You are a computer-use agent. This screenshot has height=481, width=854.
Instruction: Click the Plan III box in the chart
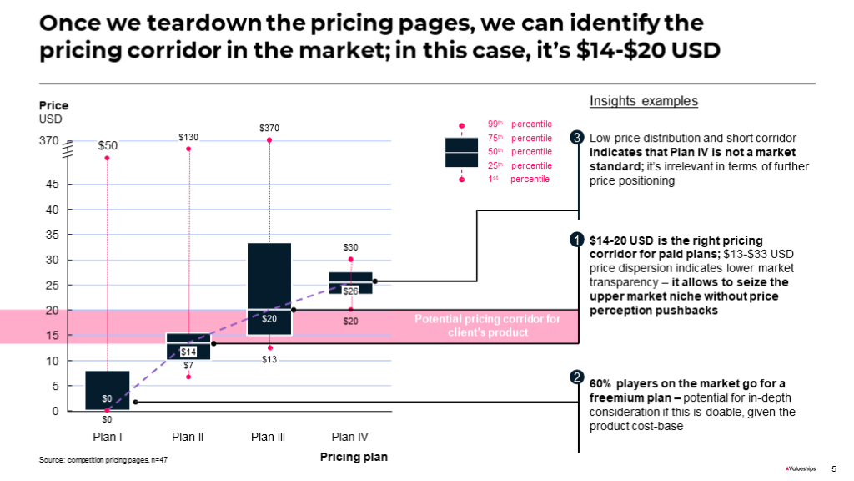click(x=269, y=288)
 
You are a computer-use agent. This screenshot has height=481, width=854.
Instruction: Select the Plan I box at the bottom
click(x=108, y=390)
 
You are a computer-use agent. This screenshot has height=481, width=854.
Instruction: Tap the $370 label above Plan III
click(x=269, y=128)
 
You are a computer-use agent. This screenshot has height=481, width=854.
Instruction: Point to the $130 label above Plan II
click(x=189, y=136)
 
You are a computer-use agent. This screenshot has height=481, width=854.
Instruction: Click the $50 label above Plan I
click(x=108, y=145)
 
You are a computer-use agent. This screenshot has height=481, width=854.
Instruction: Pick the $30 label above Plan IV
click(x=350, y=247)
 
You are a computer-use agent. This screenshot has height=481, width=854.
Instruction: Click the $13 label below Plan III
click(x=269, y=359)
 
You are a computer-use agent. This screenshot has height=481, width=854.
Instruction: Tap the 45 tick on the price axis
click(x=52, y=184)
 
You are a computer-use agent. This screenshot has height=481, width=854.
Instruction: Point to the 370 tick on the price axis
click(x=49, y=141)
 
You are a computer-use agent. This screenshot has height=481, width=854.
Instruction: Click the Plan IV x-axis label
click(x=349, y=437)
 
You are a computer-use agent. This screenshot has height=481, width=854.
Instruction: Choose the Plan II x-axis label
click(x=188, y=437)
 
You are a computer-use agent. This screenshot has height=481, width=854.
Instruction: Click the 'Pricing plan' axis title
click(x=354, y=458)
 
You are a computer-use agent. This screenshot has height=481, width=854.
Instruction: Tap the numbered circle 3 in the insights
click(x=577, y=138)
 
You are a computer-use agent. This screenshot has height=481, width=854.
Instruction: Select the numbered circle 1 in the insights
click(x=577, y=241)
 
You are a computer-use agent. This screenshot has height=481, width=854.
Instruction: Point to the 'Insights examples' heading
click(x=643, y=101)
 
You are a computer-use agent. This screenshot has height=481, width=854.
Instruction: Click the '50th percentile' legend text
click(x=519, y=152)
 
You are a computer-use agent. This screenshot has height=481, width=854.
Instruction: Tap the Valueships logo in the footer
click(x=803, y=468)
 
